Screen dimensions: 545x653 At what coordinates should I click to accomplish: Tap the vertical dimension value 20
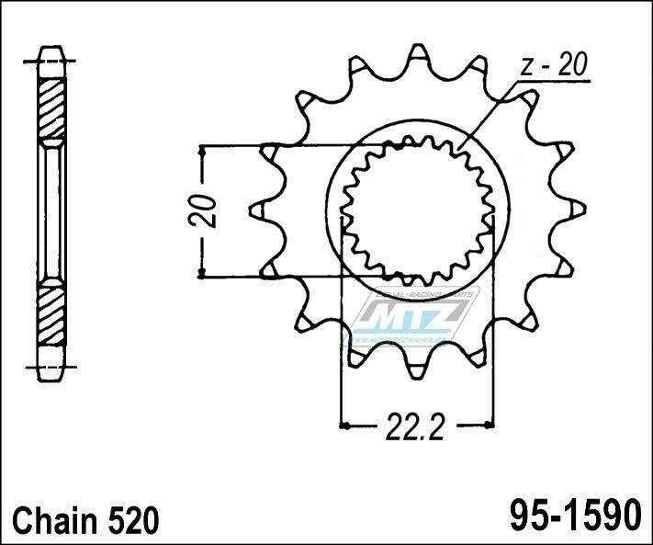(207, 210)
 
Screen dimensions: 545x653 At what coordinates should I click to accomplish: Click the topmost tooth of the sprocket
(418, 57)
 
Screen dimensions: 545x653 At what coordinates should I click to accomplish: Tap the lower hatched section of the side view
(51, 312)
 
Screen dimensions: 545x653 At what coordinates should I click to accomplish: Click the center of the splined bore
(418, 210)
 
